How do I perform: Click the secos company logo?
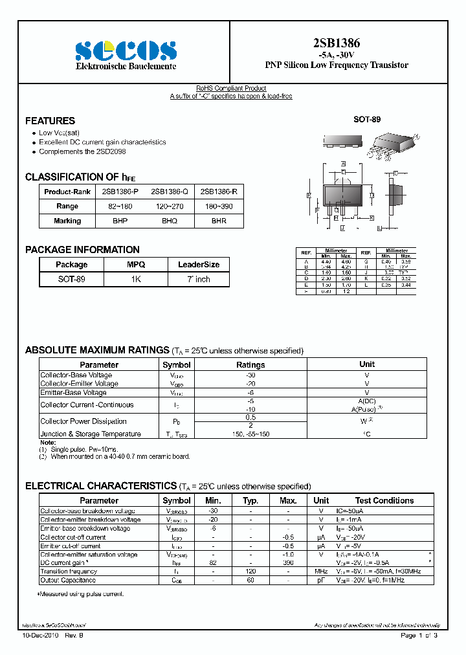click(126, 50)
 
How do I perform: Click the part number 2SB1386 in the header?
click(337, 43)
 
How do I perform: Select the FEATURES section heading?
click(50, 120)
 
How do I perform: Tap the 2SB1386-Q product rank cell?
click(170, 192)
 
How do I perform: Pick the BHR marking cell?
click(219, 221)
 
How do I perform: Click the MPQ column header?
click(136, 264)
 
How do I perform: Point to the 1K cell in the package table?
click(136, 279)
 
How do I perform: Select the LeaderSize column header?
click(198, 264)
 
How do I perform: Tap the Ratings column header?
click(250, 364)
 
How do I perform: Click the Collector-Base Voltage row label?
click(76, 375)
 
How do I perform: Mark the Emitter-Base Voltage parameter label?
click(74, 392)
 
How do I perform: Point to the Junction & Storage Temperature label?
click(91, 434)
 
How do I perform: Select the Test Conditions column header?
click(384, 500)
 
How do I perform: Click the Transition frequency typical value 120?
click(250, 572)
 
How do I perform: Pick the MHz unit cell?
click(321, 572)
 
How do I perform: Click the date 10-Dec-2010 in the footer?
click(41, 636)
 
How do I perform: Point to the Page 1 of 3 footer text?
click(419, 636)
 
